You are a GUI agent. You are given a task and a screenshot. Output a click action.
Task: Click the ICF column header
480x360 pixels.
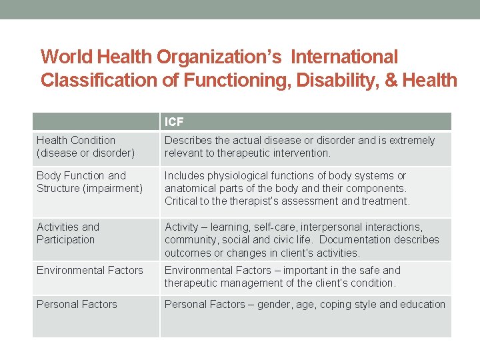click(174, 122)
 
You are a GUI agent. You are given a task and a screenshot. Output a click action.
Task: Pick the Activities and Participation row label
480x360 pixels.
click(67, 233)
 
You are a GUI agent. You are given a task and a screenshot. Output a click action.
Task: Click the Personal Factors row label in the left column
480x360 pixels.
click(77, 305)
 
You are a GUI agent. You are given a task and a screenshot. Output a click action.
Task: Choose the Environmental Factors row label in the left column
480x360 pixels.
click(90, 271)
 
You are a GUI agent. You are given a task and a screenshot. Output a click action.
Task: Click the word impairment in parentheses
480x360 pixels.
click(114, 188)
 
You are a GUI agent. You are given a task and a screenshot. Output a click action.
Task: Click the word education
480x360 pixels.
click(421, 305)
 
